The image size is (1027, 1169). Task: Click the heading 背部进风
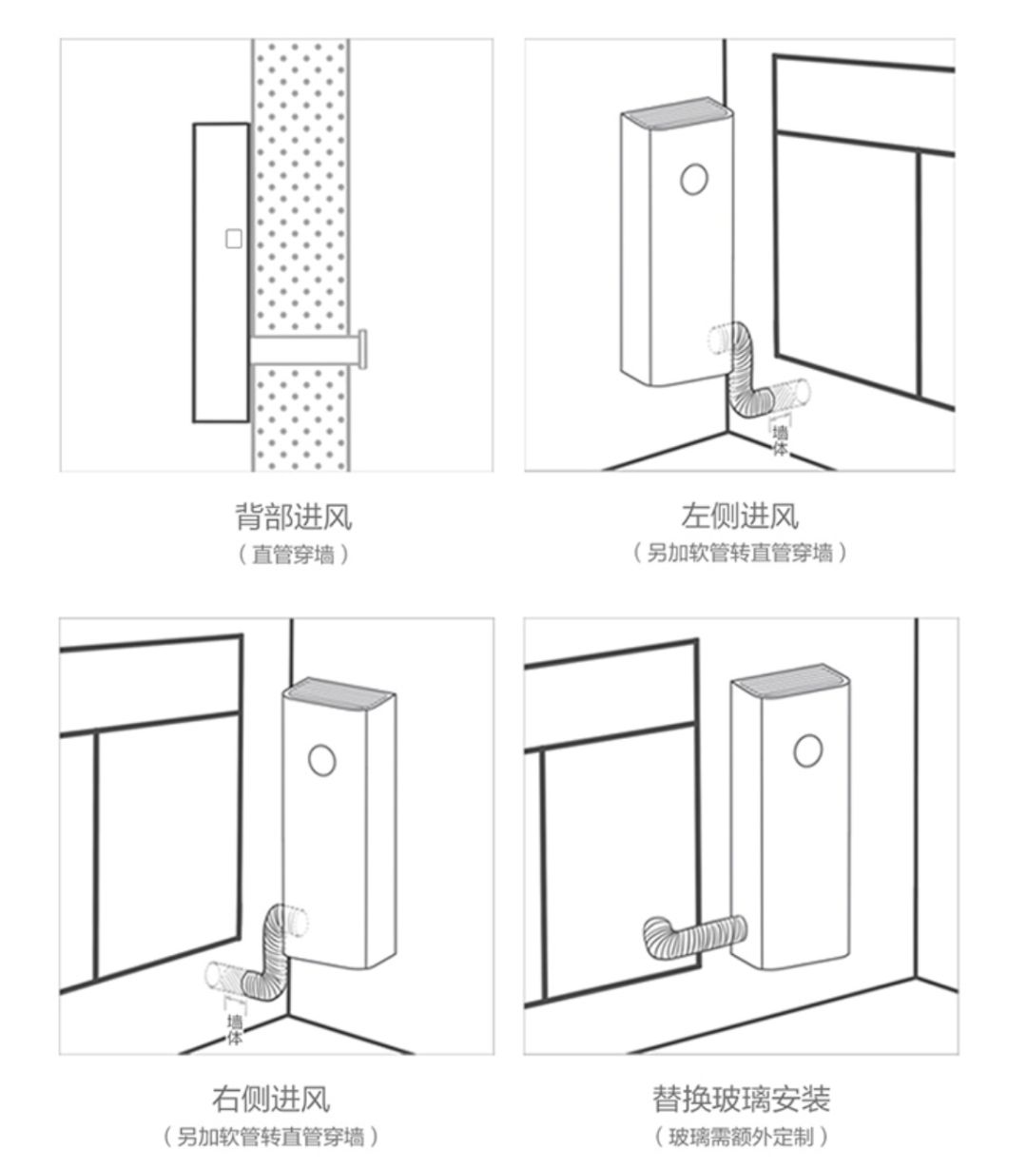[293, 518]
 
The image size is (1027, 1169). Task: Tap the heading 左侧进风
[739, 516]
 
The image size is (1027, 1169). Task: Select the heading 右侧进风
[271, 1100]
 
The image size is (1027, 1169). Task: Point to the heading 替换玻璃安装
[741, 1100]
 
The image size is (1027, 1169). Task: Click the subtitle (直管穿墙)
[293, 555]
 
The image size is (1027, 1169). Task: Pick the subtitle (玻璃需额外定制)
[741, 1136]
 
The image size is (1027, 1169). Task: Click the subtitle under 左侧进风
[739, 553]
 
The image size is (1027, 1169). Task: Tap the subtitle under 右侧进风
[271, 1136]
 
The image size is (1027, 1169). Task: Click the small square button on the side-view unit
[233, 240]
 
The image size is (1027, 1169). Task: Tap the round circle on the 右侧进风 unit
[322, 759]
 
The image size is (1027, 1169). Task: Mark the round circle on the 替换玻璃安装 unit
[807, 750]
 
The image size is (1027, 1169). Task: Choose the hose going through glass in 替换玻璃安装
[694, 934]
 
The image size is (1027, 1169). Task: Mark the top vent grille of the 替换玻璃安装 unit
[791, 677]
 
